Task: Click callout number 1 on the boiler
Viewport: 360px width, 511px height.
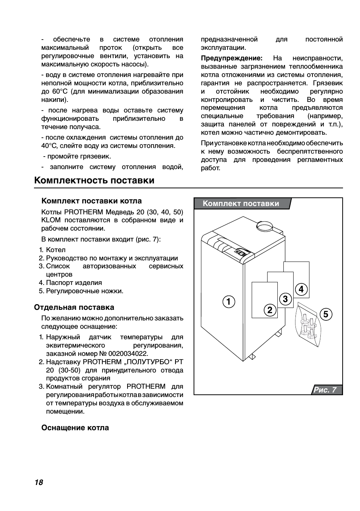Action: (x=229, y=302)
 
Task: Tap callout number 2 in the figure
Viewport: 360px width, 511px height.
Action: (x=270, y=310)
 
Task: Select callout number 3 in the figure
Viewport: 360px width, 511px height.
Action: (x=285, y=299)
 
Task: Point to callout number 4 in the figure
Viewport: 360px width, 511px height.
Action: (x=301, y=289)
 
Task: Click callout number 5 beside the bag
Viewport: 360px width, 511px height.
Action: (x=326, y=314)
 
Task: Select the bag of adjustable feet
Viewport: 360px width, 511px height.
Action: (x=308, y=325)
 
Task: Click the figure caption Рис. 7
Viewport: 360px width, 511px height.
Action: (x=326, y=390)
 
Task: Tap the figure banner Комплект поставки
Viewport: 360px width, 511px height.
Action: (x=241, y=204)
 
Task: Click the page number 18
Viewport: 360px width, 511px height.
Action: (x=39, y=482)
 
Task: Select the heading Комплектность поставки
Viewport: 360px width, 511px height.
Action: (x=94, y=180)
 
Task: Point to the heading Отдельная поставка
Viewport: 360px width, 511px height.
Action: (x=74, y=307)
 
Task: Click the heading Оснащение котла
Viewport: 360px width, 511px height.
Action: (x=75, y=428)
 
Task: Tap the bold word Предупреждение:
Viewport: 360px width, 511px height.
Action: (x=231, y=58)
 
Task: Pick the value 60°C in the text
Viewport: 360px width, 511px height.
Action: (x=60, y=92)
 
